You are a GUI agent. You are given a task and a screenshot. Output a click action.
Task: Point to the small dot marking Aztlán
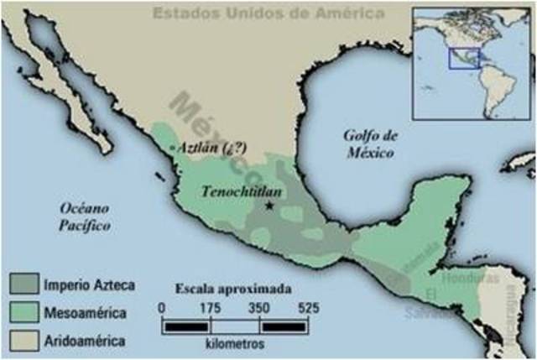pos(173,149)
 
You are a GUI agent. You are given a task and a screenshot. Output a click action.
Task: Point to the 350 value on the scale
pos(259,309)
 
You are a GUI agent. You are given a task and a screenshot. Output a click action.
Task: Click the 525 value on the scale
pos(308,309)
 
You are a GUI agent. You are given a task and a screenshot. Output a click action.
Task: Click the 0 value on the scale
pos(161,309)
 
